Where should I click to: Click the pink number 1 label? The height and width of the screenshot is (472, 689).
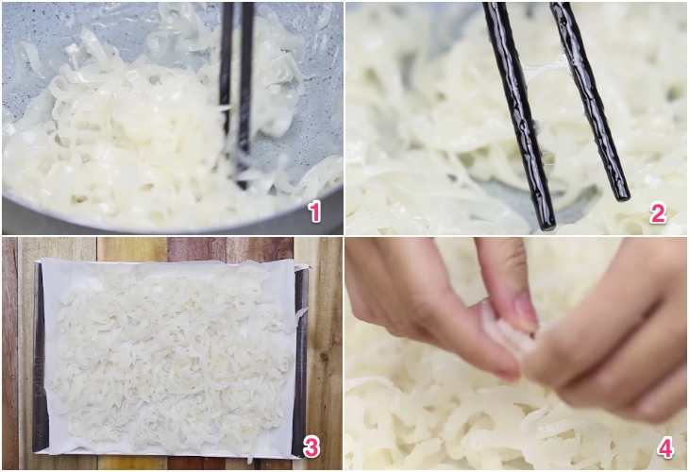[314, 211]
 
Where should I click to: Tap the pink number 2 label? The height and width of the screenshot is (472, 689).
[658, 213]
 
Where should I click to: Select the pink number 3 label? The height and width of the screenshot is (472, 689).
[311, 447]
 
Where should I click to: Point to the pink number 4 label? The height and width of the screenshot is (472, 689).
[665, 449]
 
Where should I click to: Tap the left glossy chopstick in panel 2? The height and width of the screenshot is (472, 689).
[518, 114]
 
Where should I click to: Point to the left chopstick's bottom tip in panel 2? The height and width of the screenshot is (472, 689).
[548, 227]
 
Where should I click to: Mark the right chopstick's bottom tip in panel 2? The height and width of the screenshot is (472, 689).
[622, 197]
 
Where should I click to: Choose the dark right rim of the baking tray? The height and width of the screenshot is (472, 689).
[300, 361]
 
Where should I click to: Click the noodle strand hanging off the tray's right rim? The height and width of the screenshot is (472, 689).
[301, 312]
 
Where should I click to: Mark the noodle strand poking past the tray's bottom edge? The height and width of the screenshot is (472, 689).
[250, 457]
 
